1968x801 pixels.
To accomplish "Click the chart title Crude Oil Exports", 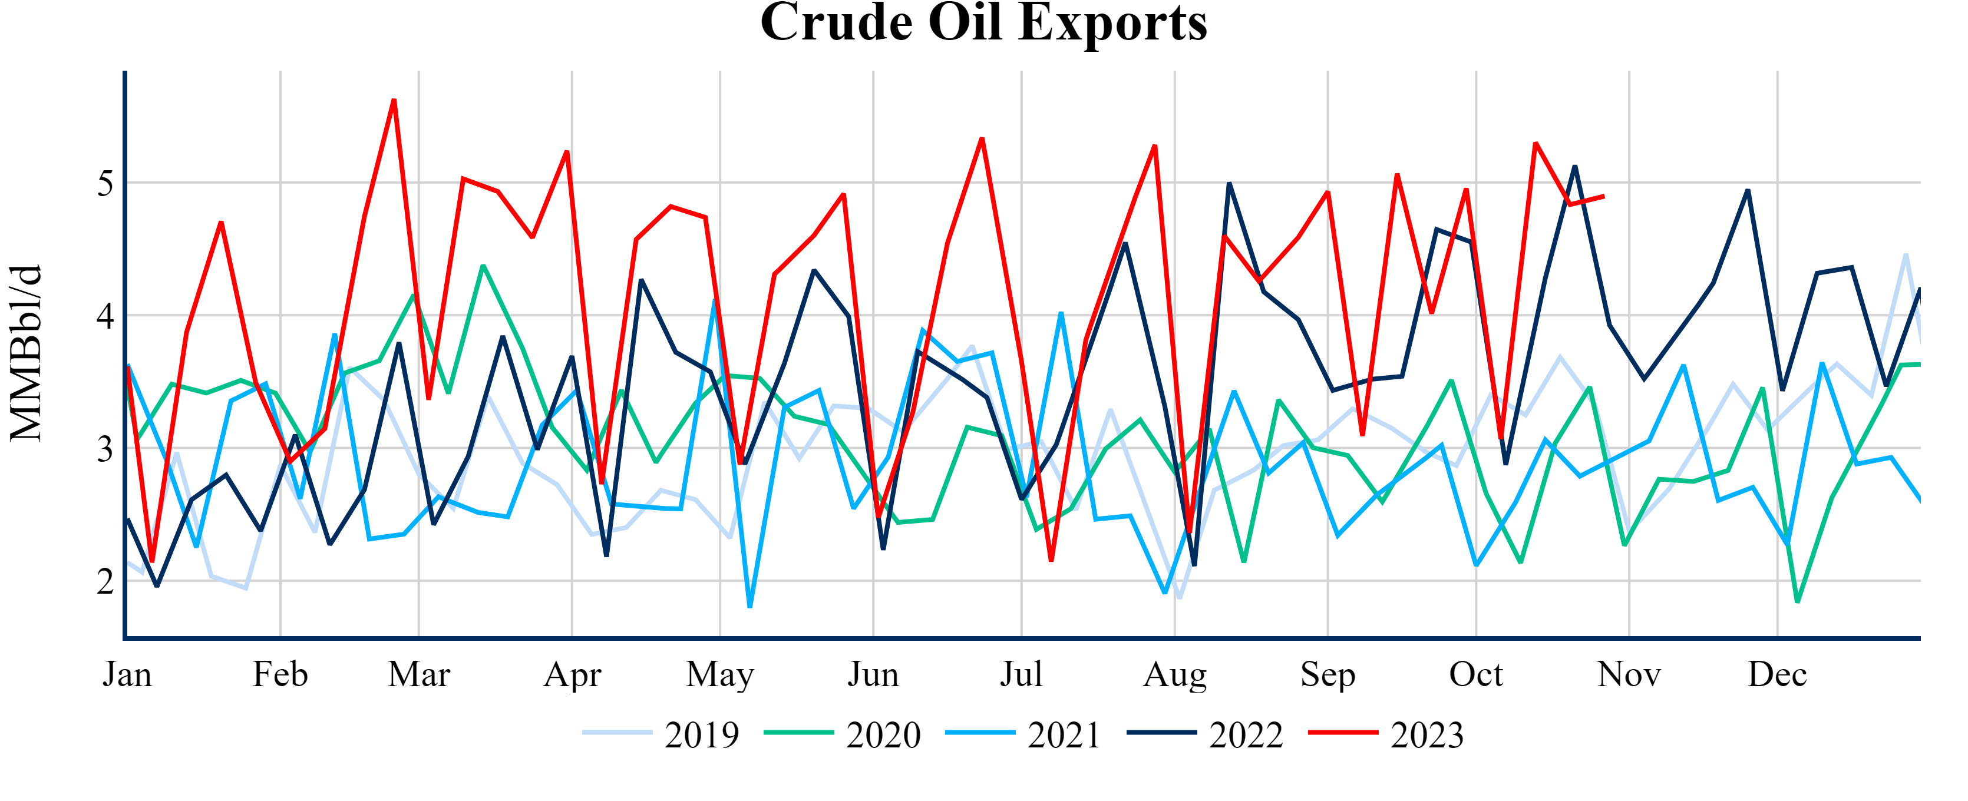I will (983, 23).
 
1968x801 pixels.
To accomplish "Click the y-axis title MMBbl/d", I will (26, 353).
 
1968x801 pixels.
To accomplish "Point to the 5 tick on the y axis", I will (105, 183).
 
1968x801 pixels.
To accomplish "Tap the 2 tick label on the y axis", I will (105, 581).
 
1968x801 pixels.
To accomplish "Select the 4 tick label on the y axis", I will (105, 315).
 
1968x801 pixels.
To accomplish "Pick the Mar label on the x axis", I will (419, 674).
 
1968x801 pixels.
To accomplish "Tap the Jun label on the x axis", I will (873, 674).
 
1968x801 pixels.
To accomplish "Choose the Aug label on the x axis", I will (1174, 674).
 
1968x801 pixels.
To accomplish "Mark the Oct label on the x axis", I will (1475, 674).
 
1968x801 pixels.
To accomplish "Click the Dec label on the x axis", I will (1777, 674).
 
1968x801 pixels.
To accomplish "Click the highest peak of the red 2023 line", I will (394, 100).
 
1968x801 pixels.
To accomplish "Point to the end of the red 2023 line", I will (1603, 196).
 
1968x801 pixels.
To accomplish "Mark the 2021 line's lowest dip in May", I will (750, 606).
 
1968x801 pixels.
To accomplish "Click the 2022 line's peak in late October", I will (1574, 167).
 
